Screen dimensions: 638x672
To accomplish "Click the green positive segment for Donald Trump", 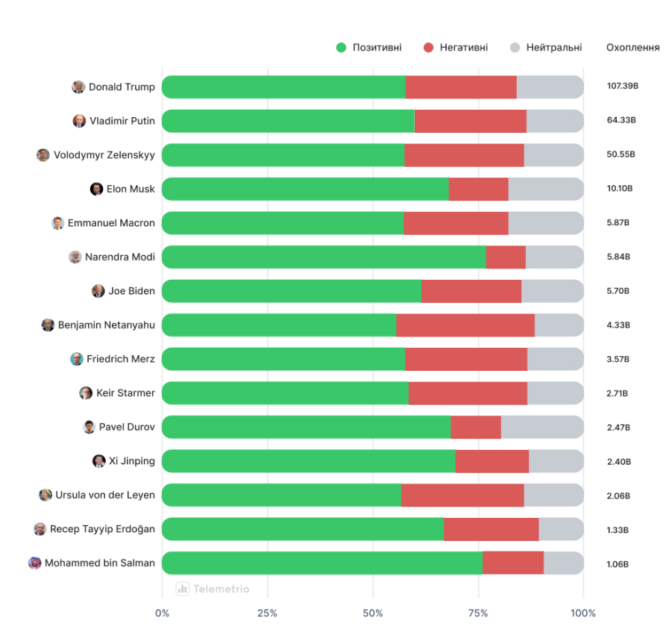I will pos(283,87).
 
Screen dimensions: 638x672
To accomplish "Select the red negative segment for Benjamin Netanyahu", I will pos(465,325).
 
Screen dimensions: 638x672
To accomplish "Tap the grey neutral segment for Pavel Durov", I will pos(542,428).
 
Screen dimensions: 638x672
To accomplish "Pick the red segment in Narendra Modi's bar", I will pos(506,257).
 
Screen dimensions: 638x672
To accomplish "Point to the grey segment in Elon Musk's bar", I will pos(546,189).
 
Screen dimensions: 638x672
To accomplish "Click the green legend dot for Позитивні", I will pos(342,48).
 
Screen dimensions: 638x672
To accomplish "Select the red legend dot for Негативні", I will pos(428,48).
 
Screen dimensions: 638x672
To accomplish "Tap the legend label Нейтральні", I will pos(554,48).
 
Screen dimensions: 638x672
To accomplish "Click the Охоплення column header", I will pos(632,48).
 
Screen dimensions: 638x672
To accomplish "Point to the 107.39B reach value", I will pos(622,87).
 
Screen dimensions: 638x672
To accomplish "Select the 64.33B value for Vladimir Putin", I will pos(621,121).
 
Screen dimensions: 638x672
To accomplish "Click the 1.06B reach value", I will pos(618,563).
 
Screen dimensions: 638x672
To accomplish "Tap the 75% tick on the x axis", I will pos(478,613).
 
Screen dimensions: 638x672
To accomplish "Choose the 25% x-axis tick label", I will pos(267,613).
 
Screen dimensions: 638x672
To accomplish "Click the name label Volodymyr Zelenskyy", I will pos(104,155).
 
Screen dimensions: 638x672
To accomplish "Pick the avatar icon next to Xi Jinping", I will pos(99,461).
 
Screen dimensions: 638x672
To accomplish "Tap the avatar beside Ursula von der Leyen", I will pos(45,495).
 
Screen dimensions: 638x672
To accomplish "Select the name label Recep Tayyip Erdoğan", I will pos(102,529).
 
